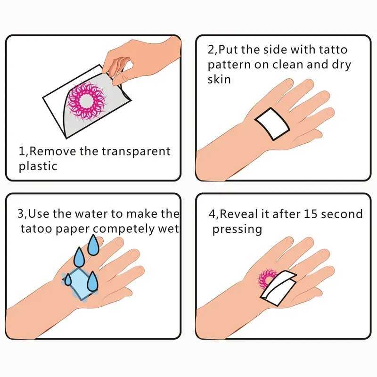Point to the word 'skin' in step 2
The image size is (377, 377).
click(x=219, y=79)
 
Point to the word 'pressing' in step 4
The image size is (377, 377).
click(x=237, y=229)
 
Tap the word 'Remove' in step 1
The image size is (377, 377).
click(x=51, y=152)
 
